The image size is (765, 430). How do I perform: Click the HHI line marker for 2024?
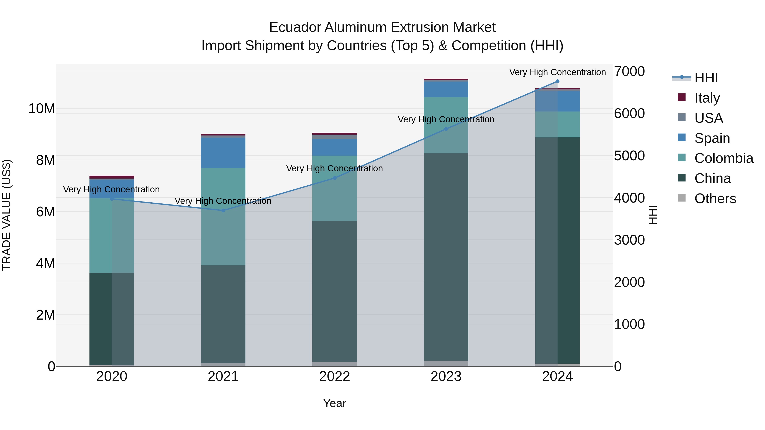coord(557,81)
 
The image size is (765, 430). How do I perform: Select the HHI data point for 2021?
coord(223,210)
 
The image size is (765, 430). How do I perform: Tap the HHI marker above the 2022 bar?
coord(335,178)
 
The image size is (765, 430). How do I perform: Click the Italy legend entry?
coord(707,98)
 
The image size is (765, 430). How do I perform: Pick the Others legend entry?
coord(715,199)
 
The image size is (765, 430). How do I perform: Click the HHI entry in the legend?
coord(706,78)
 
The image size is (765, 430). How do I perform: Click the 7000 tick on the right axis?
coord(629,72)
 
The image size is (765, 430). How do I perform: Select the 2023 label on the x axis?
coord(446,376)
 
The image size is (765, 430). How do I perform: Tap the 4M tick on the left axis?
coord(45,263)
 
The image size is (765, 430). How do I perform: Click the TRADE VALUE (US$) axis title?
coord(7,215)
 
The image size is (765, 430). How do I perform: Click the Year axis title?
coord(334,403)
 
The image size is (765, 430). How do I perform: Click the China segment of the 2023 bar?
coord(446,257)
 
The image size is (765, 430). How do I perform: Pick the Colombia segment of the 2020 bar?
coord(112,235)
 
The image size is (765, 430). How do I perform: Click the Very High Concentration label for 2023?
coord(446,119)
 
